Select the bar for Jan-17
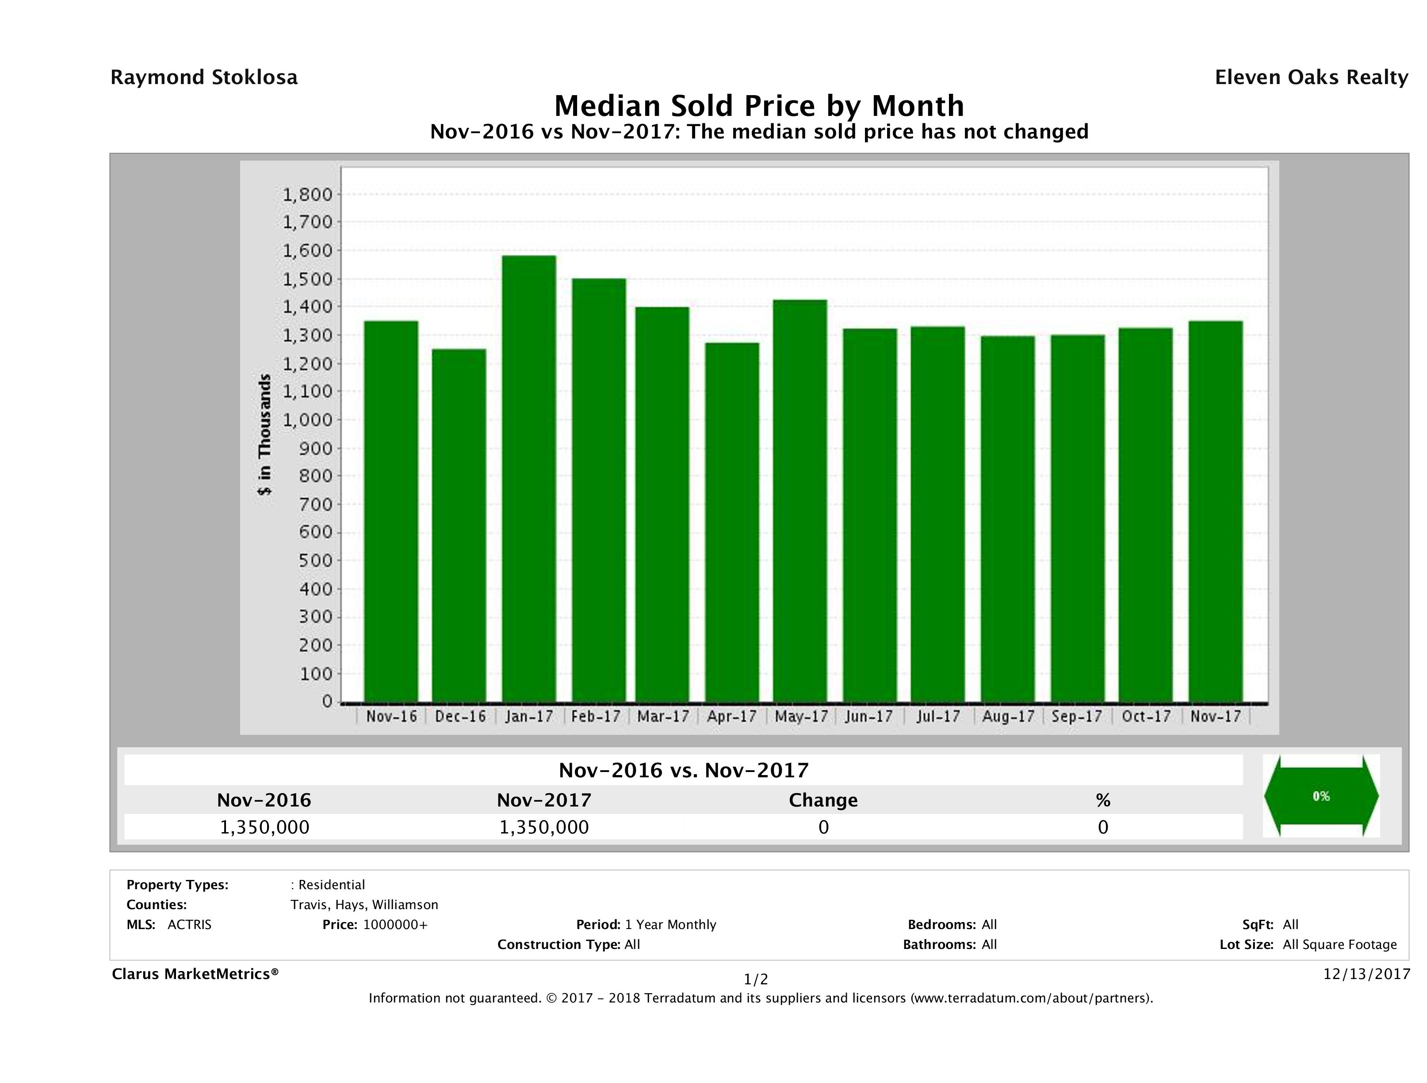tap(529, 478)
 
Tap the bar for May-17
tap(800, 500)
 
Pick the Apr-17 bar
tap(731, 522)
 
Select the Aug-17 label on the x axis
tap(1008, 716)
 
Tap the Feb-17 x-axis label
tap(596, 716)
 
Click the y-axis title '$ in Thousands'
tap(264, 434)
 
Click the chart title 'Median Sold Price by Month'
tap(759, 105)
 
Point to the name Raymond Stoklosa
tap(204, 77)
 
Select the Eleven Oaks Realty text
tap(1311, 77)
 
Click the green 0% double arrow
tap(1320, 796)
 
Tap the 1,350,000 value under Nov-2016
tap(264, 827)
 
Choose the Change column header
tap(823, 800)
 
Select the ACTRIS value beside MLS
tap(189, 924)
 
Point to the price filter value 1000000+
tap(395, 924)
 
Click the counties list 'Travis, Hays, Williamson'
tap(364, 904)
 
